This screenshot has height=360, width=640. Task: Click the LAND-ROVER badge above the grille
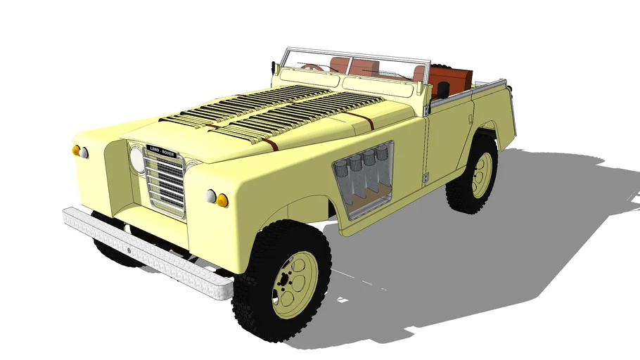click(x=162, y=151)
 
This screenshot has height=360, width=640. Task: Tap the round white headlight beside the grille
click(x=136, y=160)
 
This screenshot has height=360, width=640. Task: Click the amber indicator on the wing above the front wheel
click(x=222, y=200)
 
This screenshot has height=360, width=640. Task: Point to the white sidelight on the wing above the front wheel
click(x=210, y=196)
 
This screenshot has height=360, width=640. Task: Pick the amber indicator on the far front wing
click(x=76, y=150)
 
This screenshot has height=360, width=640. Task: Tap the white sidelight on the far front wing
click(x=84, y=153)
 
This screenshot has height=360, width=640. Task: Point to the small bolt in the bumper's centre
click(x=129, y=250)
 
